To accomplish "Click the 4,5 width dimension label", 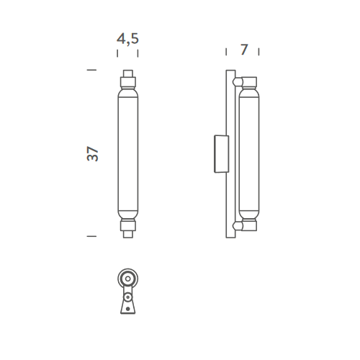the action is (x=127, y=39).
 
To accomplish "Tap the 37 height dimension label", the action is (x=93, y=153).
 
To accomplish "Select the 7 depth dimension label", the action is (x=244, y=50).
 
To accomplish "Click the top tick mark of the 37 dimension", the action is (x=91, y=70).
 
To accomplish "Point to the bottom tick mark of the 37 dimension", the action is (x=91, y=236).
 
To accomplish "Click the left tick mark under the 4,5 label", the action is (x=117, y=53).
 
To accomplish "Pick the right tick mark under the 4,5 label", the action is (x=138, y=53).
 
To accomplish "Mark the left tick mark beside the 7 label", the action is (x=226, y=52).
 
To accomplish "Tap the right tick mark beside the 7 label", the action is (x=258, y=52).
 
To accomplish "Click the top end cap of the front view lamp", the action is (x=128, y=73).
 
